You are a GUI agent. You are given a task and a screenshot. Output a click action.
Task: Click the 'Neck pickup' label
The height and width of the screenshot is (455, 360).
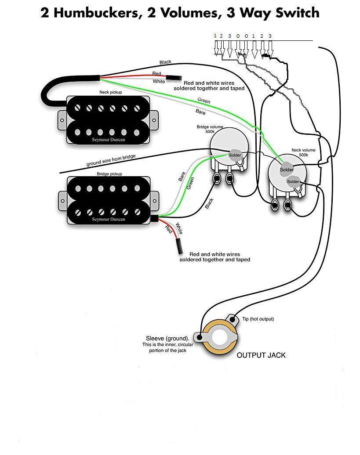click(110, 93)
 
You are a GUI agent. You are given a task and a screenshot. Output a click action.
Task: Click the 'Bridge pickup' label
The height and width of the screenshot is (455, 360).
click(108, 174)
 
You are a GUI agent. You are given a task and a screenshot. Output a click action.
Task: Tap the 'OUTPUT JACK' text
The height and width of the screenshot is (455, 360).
click(261, 355)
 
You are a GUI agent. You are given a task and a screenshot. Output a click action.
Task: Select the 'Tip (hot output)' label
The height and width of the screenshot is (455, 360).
click(261, 319)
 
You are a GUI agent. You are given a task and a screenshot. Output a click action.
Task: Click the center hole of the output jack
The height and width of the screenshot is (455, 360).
click(219, 339)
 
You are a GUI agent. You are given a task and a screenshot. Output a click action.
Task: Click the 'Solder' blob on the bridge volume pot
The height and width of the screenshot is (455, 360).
click(235, 155)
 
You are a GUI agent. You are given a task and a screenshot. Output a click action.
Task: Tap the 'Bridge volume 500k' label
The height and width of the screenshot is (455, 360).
click(209, 129)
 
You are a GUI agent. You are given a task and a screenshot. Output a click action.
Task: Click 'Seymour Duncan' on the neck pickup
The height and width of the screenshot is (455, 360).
click(109, 140)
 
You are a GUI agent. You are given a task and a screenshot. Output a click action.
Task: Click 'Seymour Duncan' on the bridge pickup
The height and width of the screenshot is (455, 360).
click(109, 219)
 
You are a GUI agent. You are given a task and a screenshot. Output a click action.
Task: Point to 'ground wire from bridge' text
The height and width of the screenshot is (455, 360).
click(111, 160)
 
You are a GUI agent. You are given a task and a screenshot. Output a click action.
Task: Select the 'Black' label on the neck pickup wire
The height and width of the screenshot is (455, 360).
click(166, 62)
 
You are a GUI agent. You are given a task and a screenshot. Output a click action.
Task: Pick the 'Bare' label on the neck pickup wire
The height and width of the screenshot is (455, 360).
click(200, 112)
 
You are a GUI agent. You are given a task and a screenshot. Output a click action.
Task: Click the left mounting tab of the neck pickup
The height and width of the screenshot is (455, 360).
click(62, 118)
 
